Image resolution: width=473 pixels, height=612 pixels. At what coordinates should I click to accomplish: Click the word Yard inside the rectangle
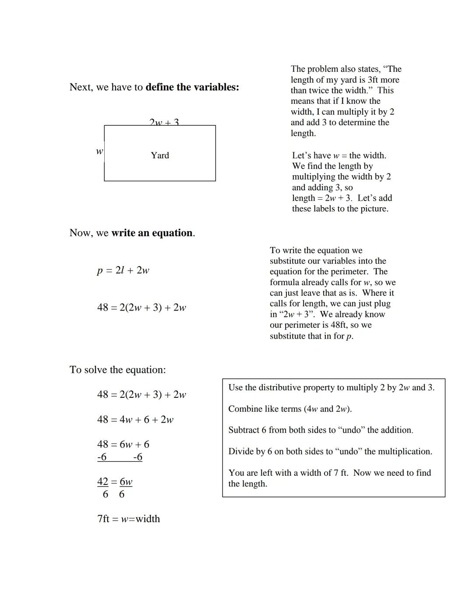159,156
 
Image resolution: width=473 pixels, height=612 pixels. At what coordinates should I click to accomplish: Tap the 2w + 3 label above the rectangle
164,122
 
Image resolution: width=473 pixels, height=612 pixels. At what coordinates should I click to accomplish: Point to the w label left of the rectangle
99,151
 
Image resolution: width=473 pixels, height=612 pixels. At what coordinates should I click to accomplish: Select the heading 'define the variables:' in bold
192,87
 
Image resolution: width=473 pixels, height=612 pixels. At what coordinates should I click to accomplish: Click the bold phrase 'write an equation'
152,233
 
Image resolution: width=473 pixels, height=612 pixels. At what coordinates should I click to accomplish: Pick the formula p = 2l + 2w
123,270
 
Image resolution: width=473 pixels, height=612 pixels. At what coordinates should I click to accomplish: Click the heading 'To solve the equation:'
117,370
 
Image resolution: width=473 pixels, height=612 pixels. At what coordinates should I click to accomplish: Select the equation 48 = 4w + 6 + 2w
135,420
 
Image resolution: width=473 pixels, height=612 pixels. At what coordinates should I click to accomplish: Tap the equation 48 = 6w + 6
123,444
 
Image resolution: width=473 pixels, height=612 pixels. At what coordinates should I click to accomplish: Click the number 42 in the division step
102,481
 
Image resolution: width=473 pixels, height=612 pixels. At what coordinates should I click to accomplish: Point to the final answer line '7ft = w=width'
128,519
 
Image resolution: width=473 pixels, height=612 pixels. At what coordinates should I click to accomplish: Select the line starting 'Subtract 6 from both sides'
320,430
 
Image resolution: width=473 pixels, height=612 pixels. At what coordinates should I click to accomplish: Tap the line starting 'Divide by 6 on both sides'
330,452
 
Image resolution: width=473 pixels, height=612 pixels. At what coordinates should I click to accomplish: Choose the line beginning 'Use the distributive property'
331,388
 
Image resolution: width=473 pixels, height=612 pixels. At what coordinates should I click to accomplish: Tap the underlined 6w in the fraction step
126,481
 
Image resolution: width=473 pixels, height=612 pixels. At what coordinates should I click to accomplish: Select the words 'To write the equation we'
316,250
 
